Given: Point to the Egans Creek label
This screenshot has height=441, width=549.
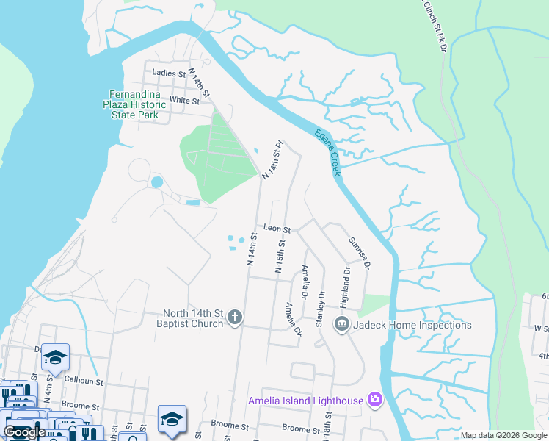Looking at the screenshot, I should pyautogui.click(x=327, y=152).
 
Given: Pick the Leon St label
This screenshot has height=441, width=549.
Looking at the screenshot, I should pyautogui.click(x=277, y=229).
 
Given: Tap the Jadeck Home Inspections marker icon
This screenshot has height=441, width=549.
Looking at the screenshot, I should pyautogui.click(x=341, y=324).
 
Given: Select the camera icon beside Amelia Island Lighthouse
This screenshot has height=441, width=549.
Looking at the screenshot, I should pyautogui.click(x=376, y=400).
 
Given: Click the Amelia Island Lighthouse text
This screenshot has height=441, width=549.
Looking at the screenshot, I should pyautogui.click(x=305, y=401).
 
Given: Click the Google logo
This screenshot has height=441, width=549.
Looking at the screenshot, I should pyautogui.click(x=24, y=432).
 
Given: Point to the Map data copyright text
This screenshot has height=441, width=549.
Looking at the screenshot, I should pyautogui.click(x=503, y=435).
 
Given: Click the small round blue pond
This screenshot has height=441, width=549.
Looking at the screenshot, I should pyautogui.click(x=156, y=182).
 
